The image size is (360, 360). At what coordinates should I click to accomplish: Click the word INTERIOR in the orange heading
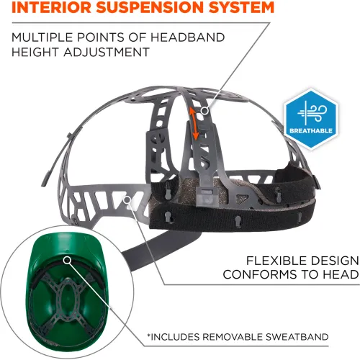point(51,7)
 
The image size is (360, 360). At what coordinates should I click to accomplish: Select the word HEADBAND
point(188,37)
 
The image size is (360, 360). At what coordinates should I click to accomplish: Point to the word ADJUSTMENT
point(107,52)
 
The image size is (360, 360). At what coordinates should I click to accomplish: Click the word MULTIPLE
point(42,37)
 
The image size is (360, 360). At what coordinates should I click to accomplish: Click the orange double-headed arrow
point(194,123)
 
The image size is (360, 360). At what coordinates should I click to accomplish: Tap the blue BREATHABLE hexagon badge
point(311,119)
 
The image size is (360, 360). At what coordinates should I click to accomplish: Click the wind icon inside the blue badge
point(312,113)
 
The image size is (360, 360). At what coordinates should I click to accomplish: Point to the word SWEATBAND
point(297,337)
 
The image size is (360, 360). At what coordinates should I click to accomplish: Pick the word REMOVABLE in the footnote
point(233,337)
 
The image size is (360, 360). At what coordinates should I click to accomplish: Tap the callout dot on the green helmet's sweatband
point(68,260)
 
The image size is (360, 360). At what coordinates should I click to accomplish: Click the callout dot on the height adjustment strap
point(204,111)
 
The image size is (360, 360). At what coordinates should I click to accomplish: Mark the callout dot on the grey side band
point(127,199)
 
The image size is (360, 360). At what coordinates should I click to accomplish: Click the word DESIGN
point(331,261)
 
